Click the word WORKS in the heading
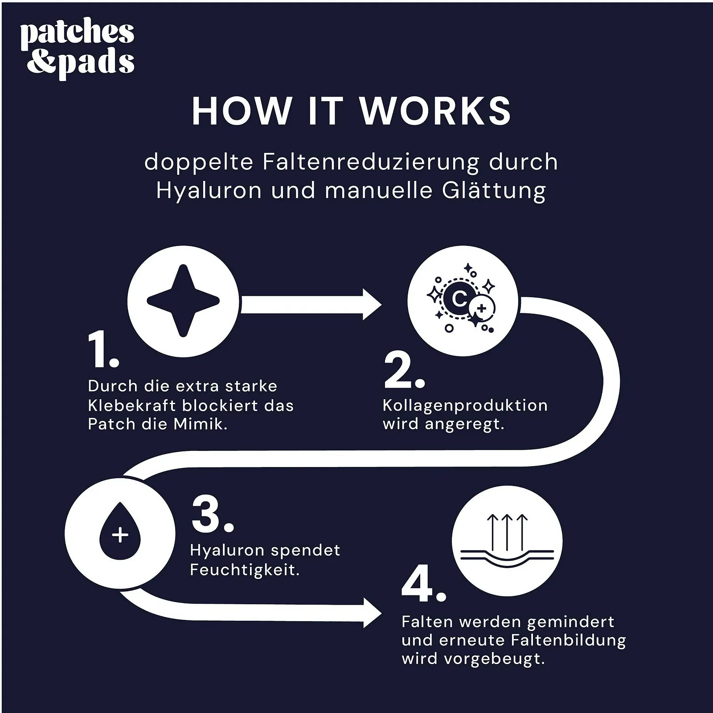[435, 111]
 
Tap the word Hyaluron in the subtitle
[209, 190]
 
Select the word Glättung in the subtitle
[494, 190]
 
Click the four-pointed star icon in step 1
[183, 301]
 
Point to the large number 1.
[102, 350]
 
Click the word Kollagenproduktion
[465, 406]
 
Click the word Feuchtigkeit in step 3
[244, 570]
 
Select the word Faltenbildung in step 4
[568, 640]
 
